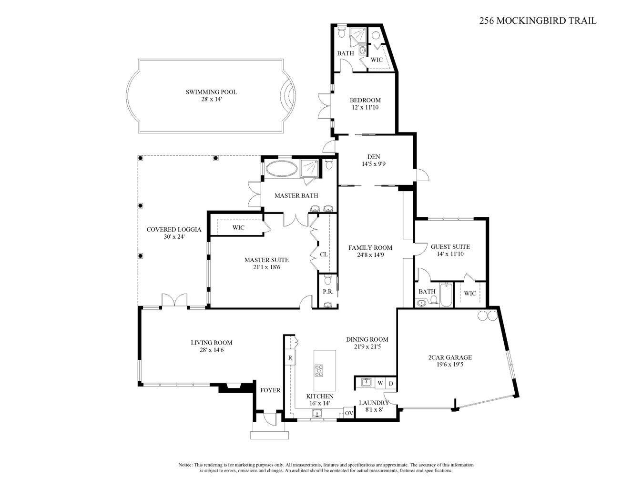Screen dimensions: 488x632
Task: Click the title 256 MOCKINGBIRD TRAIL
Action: pos(538,20)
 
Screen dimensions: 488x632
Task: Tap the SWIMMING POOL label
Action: pos(211,92)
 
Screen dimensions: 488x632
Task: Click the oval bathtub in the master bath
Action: pos(281,168)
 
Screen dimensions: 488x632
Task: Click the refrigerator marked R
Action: pos(289,357)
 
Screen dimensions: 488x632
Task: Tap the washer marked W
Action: pos(380,383)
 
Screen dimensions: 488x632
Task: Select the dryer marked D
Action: pos(391,383)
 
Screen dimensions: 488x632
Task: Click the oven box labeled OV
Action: pos(348,413)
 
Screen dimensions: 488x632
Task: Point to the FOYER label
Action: pos(270,390)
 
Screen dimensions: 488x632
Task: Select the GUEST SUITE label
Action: pos(450,246)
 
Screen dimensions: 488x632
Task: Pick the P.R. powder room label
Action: pos(327,291)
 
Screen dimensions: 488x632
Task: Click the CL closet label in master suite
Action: pos(324,254)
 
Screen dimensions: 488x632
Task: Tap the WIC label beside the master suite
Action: pos(238,227)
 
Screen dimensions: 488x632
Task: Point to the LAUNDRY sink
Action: pos(366,382)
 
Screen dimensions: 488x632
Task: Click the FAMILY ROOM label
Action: pos(370,247)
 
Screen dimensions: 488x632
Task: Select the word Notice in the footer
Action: pos(185,464)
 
